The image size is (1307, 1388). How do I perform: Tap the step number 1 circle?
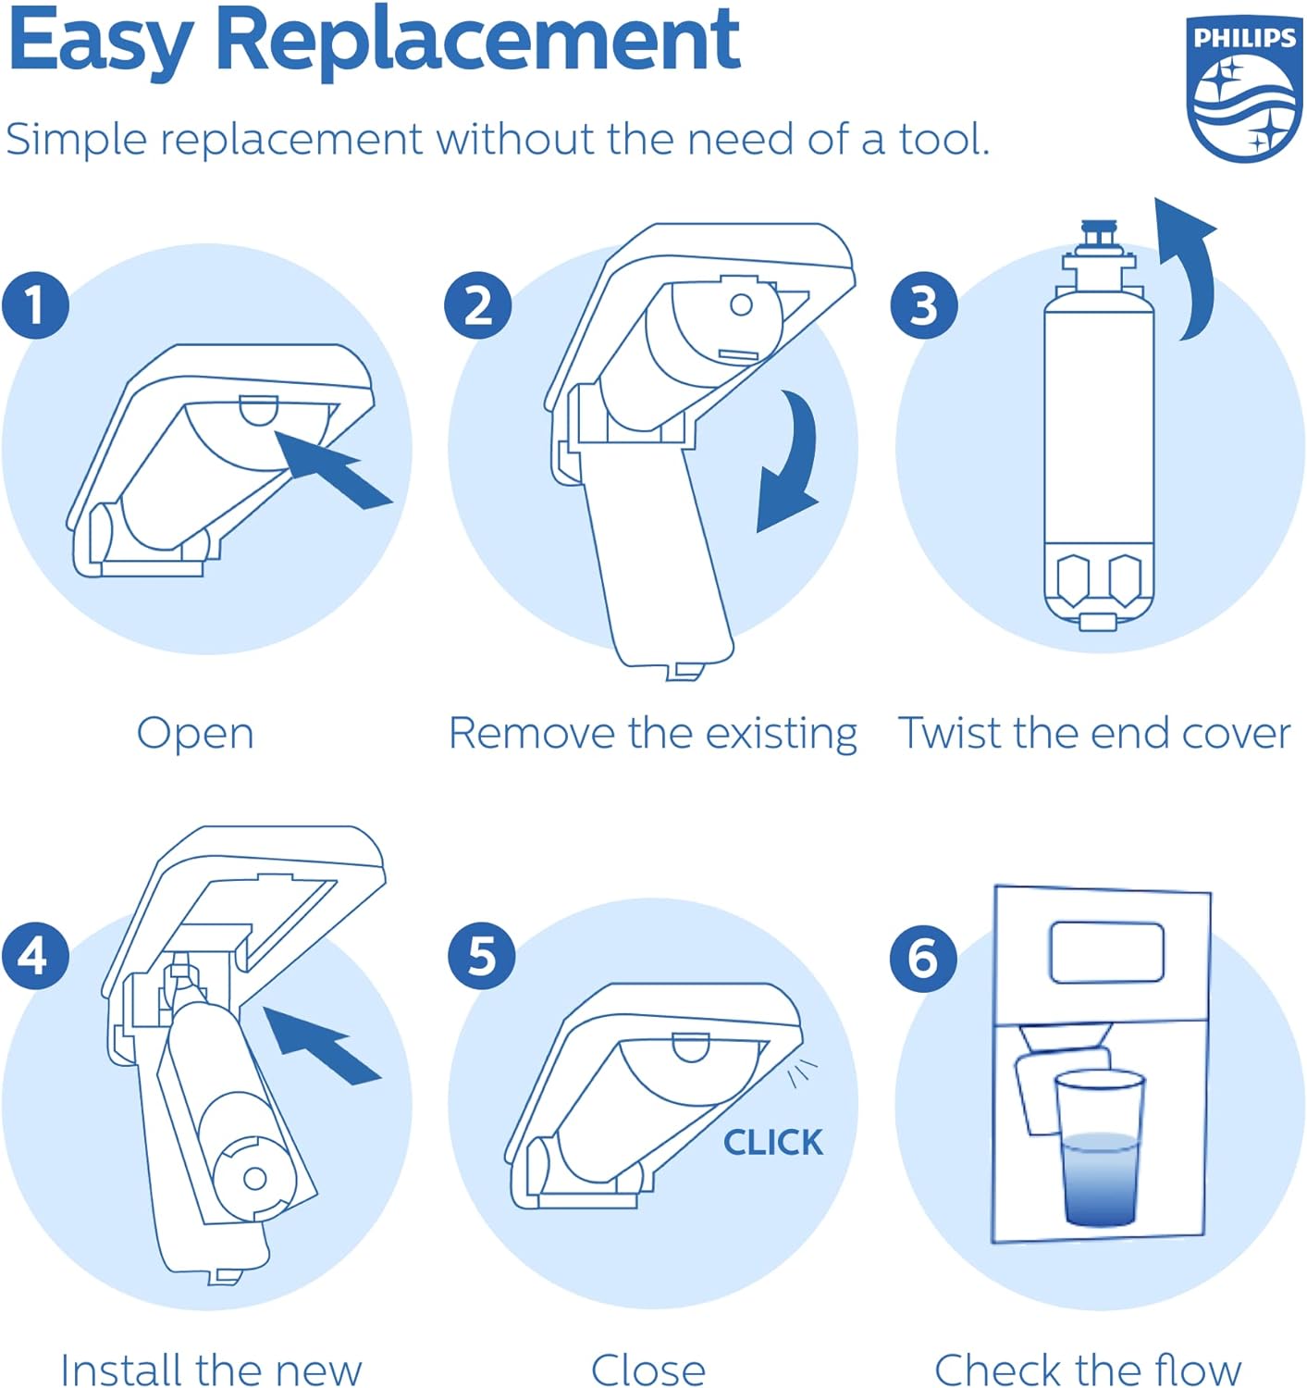point(35,304)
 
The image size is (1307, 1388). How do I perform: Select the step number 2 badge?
point(478,304)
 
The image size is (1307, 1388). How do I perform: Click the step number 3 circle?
point(923,304)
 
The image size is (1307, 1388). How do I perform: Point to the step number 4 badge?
point(35,955)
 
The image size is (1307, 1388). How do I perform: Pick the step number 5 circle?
point(481,955)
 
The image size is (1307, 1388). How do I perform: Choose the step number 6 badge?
point(923,957)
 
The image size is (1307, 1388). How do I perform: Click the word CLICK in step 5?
point(772,1142)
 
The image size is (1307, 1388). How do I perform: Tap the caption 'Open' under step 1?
point(195,734)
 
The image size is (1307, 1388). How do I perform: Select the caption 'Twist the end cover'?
point(1094,733)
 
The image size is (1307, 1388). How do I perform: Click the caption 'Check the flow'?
point(1088,1369)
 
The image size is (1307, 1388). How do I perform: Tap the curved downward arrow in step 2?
point(791,463)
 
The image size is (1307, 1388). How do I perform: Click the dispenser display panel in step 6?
point(1106,951)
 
